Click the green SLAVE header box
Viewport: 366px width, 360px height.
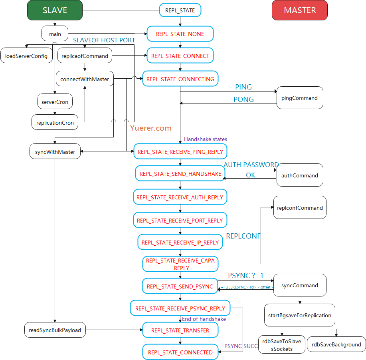(55, 10)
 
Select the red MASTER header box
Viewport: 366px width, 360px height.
(300, 10)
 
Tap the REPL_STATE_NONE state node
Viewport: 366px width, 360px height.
(180, 34)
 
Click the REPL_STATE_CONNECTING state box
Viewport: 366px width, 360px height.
(180, 79)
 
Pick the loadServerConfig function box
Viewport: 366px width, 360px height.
(26, 56)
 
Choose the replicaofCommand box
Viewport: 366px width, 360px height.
(85, 56)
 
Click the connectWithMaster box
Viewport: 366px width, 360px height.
(85, 79)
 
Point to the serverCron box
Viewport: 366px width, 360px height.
(55, 102)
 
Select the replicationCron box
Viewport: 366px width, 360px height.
(55, 123)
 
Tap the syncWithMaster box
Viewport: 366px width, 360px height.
(55, 152)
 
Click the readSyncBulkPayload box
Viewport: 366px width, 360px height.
(55, 330)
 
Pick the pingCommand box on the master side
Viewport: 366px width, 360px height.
(300, 98)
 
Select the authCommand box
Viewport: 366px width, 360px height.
(300, 175)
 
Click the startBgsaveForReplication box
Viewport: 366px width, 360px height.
(300, 315)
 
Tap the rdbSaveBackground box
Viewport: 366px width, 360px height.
(336, 344)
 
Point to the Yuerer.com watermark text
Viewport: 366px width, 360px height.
(150, 128)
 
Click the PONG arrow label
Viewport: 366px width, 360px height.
(243, 99)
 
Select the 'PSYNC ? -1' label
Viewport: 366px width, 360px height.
(245, 276)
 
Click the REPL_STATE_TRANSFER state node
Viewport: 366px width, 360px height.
(180, 330)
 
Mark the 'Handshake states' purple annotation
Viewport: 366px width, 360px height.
(205, 139)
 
